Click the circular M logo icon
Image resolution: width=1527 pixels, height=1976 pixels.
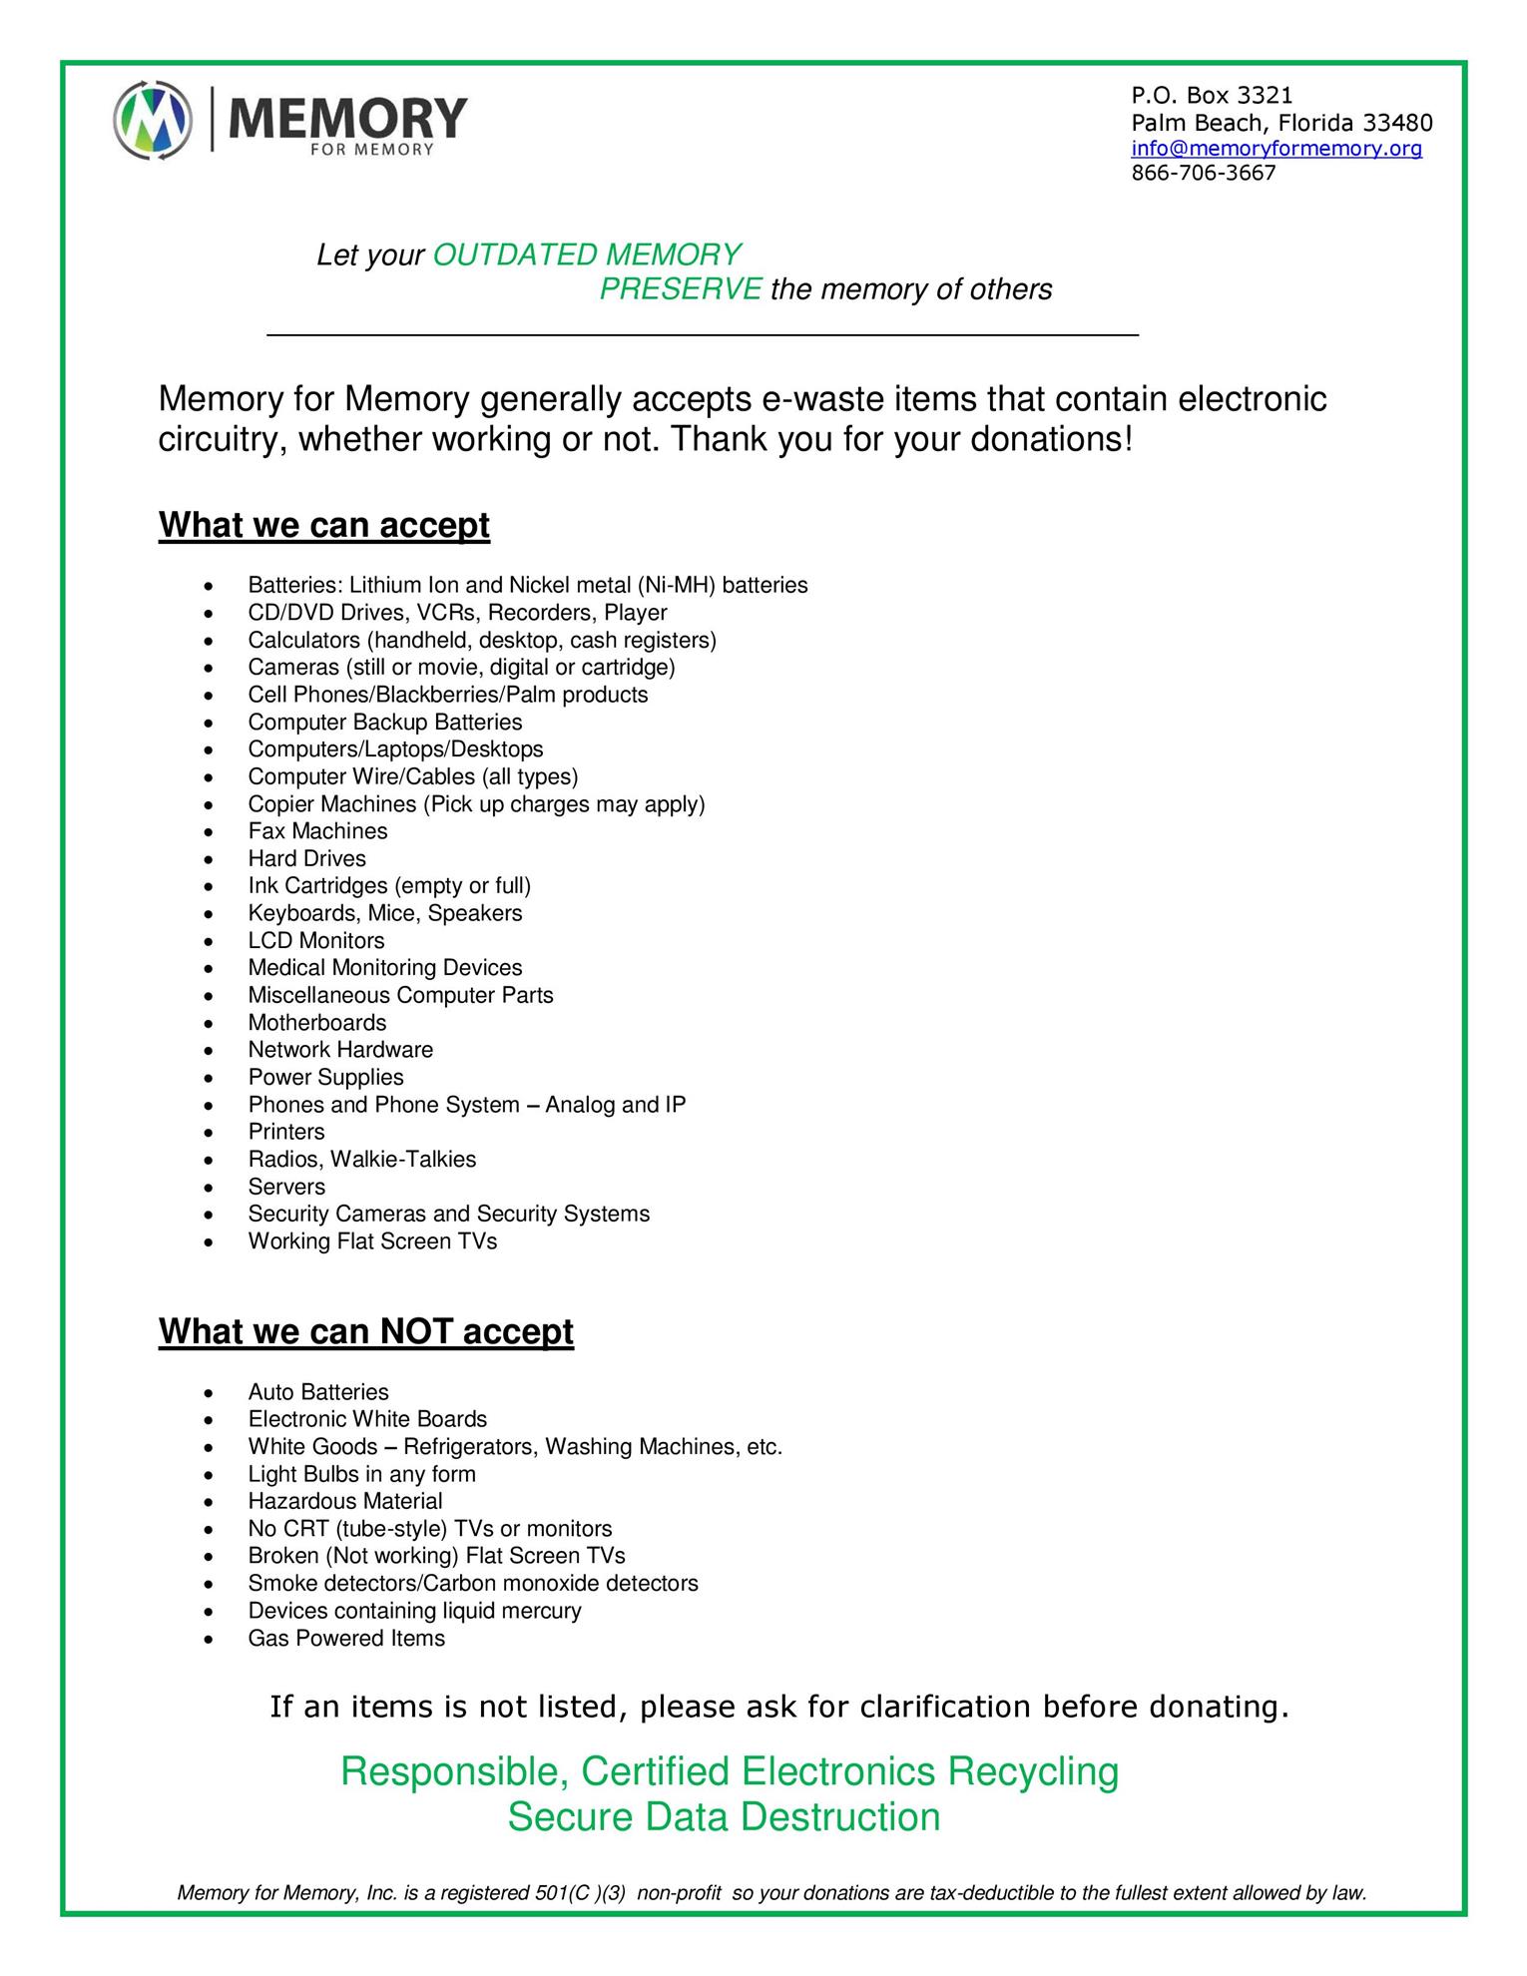tap(153, 121)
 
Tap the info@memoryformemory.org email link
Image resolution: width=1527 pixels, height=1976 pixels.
tap(1276, 149)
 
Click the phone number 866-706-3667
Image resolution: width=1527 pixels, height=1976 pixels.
tap(1203, 174)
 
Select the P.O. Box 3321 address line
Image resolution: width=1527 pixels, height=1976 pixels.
tap(1211, 96)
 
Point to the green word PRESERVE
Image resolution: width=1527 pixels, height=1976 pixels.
tap(681, 289)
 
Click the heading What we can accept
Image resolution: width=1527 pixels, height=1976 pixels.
tap(324, 525)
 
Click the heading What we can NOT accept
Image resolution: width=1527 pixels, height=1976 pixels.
tap(366, 1331)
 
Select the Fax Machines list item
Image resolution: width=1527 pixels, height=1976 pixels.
tap(317, 831)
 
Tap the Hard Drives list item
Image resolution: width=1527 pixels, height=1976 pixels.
tap(307, 858)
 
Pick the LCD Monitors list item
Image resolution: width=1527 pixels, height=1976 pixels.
tap(316, 940)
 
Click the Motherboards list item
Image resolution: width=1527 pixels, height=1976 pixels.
tap(317, 1023)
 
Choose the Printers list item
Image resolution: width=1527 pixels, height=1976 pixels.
tap(286, 1132)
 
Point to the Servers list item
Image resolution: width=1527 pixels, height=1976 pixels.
tap(286, 1187)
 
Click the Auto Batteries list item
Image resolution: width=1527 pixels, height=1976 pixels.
tap(318, 1392)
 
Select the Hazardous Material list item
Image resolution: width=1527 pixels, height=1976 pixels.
tap(345, 1501)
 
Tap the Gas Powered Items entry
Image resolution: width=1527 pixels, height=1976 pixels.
tap(346, 1638)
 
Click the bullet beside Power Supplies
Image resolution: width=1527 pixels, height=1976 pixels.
tap(208, 1079)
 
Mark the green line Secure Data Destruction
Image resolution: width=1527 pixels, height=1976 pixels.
tap(724, 1816)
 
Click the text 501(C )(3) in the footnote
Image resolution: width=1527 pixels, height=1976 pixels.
tap(581, 1893)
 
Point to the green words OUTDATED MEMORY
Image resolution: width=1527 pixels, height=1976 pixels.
tap(587, 255)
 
